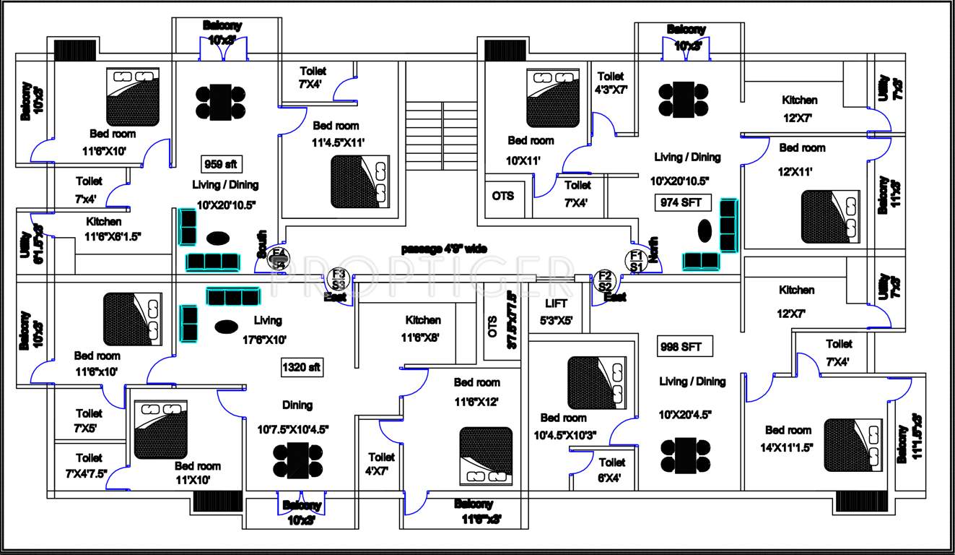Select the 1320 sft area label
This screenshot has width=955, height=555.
302,368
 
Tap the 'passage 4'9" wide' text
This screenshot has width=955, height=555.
443,249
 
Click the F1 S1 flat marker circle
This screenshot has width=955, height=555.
636,260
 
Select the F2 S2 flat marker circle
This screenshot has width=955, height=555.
604,280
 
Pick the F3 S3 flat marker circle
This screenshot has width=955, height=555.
339,277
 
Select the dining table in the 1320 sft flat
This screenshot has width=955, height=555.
297,460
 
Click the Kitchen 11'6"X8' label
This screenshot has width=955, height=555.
423,328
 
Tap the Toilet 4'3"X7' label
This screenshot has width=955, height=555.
611,83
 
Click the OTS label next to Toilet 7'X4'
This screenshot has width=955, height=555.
503,196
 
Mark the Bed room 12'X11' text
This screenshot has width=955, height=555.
801,160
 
